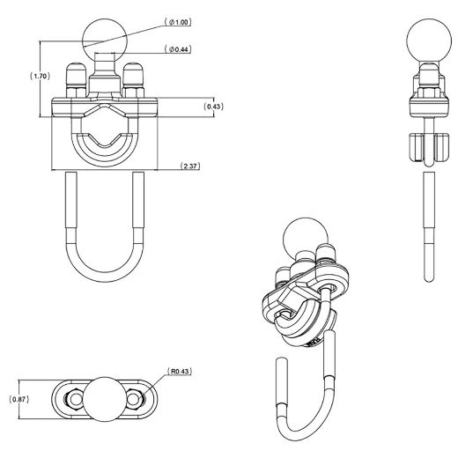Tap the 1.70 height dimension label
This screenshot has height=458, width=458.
39,77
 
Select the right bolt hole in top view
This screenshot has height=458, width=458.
135,398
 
